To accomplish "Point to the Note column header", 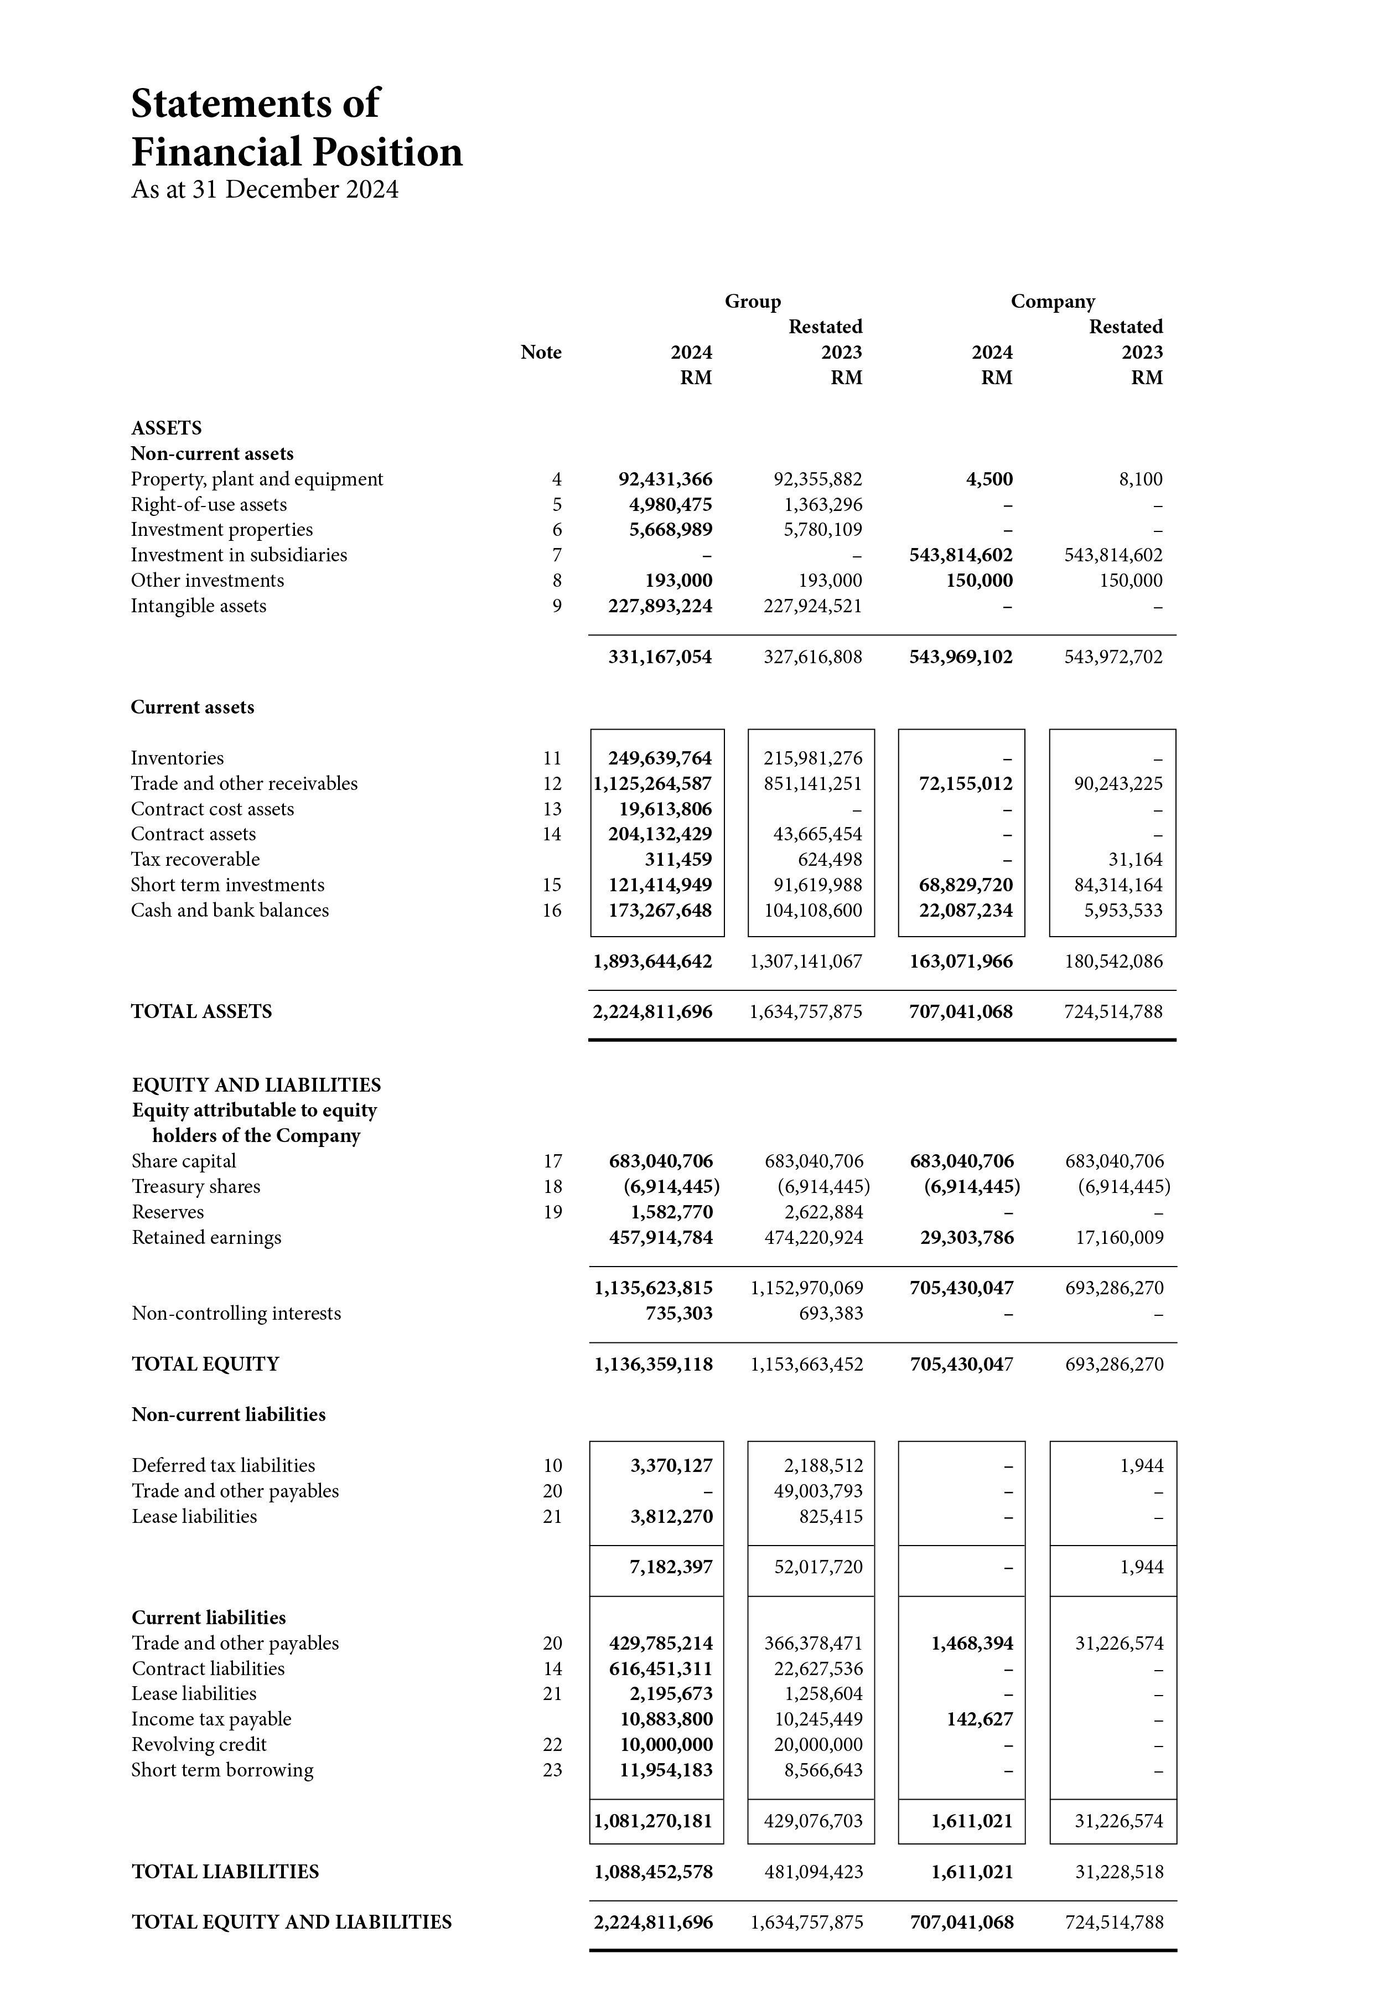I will [x=541, y=352].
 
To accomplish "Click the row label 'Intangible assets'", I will [x=199, y=606].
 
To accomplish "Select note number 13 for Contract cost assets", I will [x=552, y=809].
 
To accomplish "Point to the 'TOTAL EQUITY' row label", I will [x=205, y=1364].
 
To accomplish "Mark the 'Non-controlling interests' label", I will [x=236, y=1314].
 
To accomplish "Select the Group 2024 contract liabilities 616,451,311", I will [x=661, y=1668].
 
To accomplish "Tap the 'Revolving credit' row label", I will [x=199, y=1744].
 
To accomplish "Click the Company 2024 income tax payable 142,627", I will [x=980, y=1718].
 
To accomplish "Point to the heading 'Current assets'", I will [x=193, y=707].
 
